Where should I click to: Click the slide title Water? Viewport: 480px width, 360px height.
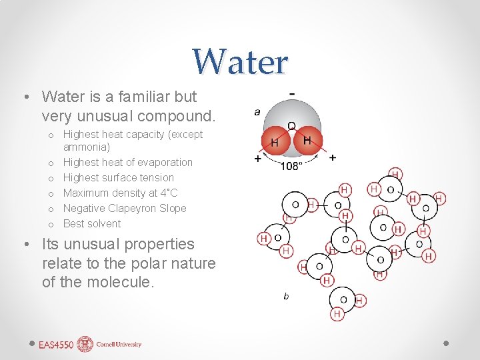[240, 61]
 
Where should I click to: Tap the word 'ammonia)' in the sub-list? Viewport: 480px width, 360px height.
[87, 147]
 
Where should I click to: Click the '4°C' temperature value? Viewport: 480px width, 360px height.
[169, 193]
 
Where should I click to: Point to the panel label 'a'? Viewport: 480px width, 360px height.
[257, 112]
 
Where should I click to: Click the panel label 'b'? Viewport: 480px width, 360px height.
[286, 296]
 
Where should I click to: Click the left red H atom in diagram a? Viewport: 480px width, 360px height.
[275, 143]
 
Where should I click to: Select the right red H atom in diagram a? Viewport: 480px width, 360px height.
[307, 141]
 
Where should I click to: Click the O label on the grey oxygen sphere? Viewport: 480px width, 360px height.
[291, 126]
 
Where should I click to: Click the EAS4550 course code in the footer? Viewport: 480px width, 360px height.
[56, 345]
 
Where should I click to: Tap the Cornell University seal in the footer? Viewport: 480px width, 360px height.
[85, 344]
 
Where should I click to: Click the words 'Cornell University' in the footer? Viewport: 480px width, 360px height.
[118, 345]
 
